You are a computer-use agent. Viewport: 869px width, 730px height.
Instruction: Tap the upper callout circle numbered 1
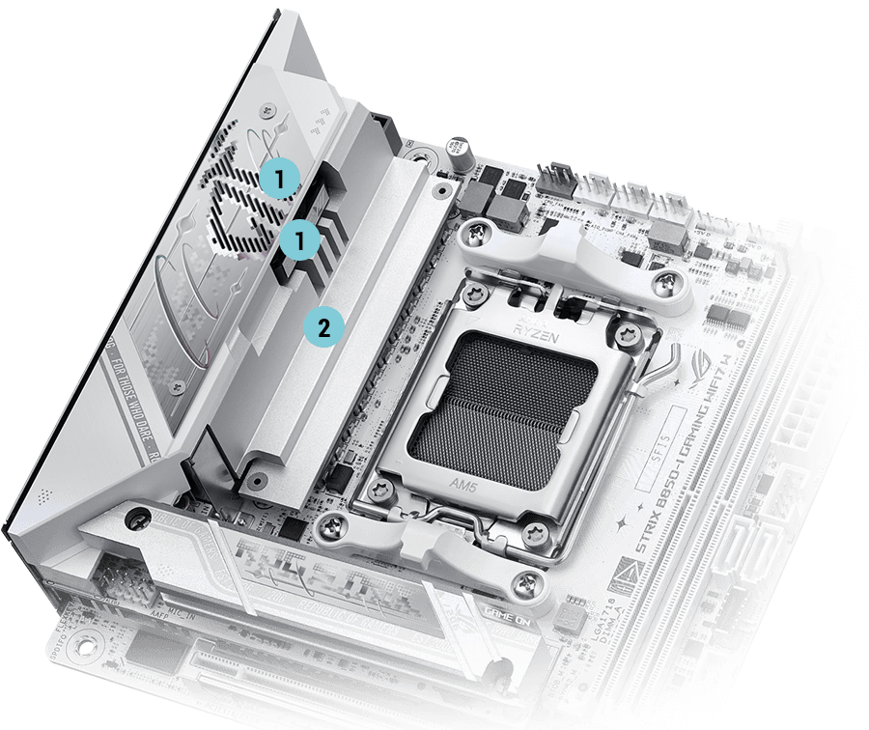277,178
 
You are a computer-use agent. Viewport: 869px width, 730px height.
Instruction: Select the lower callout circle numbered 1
299,240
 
